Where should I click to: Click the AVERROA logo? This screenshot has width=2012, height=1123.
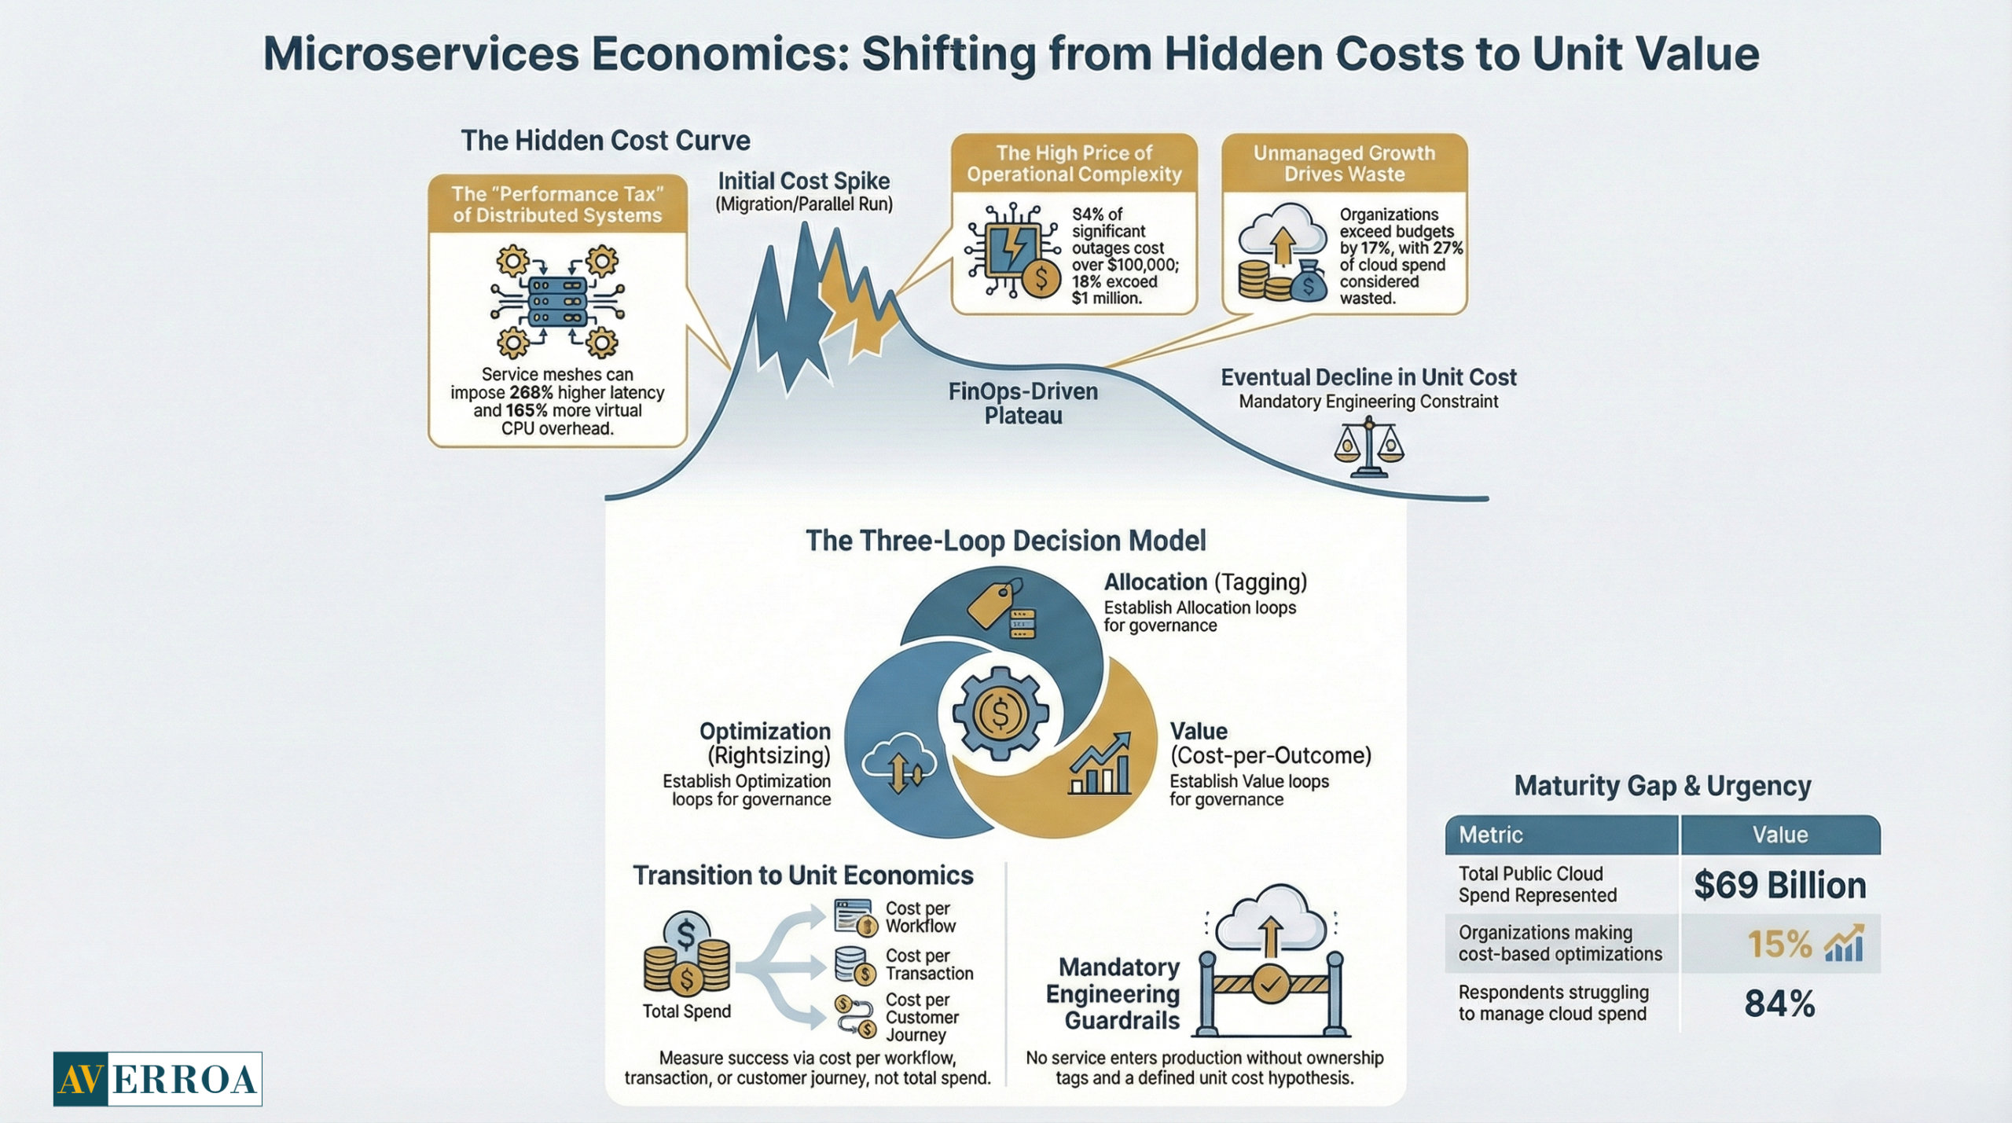tap(157, 1078)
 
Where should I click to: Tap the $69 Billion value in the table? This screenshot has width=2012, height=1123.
tap(1779, 886)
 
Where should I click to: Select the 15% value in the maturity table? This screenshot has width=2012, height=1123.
tap(1779, 944)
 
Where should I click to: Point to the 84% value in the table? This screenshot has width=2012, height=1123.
tap(1779, 1004)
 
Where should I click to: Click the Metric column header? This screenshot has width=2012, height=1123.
tap(1490, 835)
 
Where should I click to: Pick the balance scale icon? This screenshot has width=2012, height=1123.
tap(1368, 448)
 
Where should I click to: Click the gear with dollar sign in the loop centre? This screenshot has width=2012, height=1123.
tap(1000, 714)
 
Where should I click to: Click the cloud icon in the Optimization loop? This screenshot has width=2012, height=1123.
tap(899, 766)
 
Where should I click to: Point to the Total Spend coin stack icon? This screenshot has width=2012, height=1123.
tap(686, 956)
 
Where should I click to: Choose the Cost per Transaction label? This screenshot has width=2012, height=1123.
tap(928, 964)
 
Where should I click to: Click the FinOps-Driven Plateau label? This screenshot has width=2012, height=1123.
tap(1023, 403)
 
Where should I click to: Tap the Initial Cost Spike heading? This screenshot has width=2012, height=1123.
tap(803, 182)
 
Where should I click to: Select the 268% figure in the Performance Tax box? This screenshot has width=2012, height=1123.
tap(531, 392)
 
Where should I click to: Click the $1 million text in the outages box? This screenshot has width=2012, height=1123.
tap(1106, 299)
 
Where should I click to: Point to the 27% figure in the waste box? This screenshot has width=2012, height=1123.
tap(1447, 248)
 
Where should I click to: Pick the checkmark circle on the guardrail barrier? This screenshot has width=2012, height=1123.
tap(1270, 983)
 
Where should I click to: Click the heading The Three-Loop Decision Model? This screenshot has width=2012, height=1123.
tap(1005, 541)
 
